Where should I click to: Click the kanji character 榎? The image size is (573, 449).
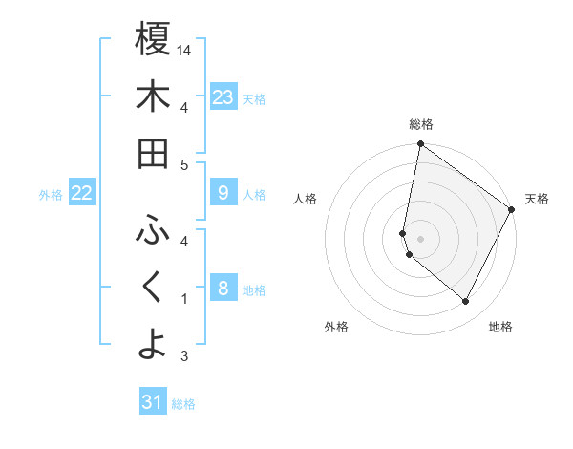point(153,39)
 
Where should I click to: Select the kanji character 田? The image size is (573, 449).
point(153,155)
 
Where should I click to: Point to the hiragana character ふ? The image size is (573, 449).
point(153,229)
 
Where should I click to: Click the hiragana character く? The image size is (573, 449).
point(153,287)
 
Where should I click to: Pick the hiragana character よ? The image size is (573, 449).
point(153,344)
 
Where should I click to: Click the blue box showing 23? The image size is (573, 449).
point(223,97)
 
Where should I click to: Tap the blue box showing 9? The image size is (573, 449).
point(223,194)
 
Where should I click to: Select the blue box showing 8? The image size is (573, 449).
point(223,289)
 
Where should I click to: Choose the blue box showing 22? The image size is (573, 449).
point(82,194)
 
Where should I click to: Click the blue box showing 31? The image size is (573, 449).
point(153,402)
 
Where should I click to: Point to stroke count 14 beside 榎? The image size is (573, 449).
point(185,50)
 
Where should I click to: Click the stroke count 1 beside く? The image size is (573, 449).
point(184,299)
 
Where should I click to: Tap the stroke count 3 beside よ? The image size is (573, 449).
point(184,356)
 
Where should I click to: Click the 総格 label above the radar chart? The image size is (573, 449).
point(421,124)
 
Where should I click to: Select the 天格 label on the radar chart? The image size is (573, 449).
point(537,199)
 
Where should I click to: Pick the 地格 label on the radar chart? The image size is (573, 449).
point(500,327)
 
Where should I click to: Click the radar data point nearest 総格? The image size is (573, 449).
point(420,145)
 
